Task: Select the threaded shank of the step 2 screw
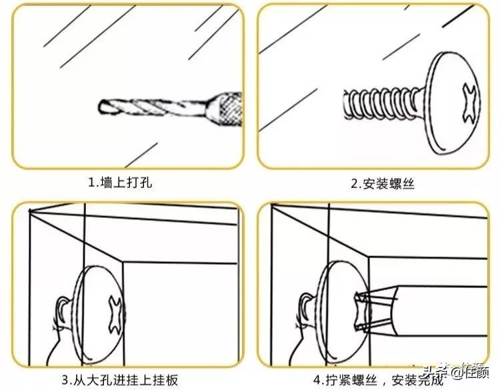pyautogui.click(x=380, y=105)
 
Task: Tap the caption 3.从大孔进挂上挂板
pyautogui.click(x=120, y=380)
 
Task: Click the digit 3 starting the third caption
pyautogui.click(x=65, y=380)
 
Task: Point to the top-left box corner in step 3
pyautogui.click(x=30, y=211)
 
